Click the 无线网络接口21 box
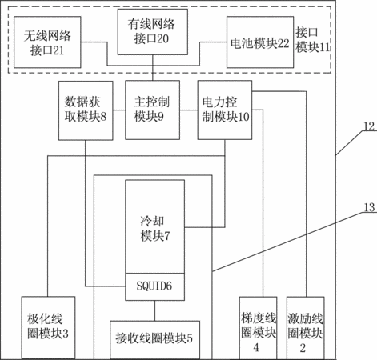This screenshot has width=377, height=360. pos(47,42)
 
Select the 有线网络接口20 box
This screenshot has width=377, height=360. pos(153,32)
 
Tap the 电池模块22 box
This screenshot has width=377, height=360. pos(260,42)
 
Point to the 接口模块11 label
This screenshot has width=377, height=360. pos(313,40)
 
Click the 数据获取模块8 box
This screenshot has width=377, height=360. pos(86,110)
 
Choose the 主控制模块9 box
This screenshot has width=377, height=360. pos(152,110)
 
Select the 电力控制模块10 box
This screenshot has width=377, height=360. pos(225,110)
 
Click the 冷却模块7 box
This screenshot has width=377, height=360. pos(154,226)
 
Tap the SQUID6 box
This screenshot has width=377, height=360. pos(154,286)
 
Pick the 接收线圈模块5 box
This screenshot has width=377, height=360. pos(154,340)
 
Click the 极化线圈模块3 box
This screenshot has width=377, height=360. pos(48,327)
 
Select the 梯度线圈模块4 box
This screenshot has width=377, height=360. pos(258,328)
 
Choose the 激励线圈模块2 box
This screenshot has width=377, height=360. pos(306,328)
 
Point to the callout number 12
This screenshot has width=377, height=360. pos(369,126)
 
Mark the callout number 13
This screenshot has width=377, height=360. pos(370,207)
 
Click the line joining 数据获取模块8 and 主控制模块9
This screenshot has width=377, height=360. pos(119,110)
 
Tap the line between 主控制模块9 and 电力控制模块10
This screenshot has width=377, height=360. pos(189,110)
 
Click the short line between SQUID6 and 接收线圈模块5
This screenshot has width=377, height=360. pos(154,310)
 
